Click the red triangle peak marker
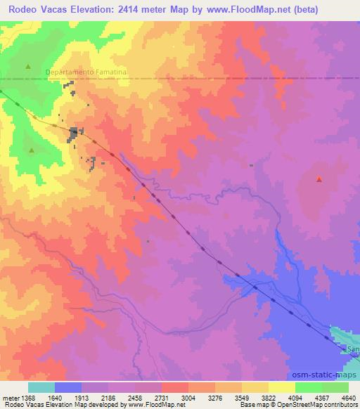pos(319,179)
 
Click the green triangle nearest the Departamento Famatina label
pos(29,66)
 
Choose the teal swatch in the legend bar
pos(41,387)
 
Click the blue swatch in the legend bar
pos(67,387)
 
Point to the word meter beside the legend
pos(9,397)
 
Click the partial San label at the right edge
pos(353,349)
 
